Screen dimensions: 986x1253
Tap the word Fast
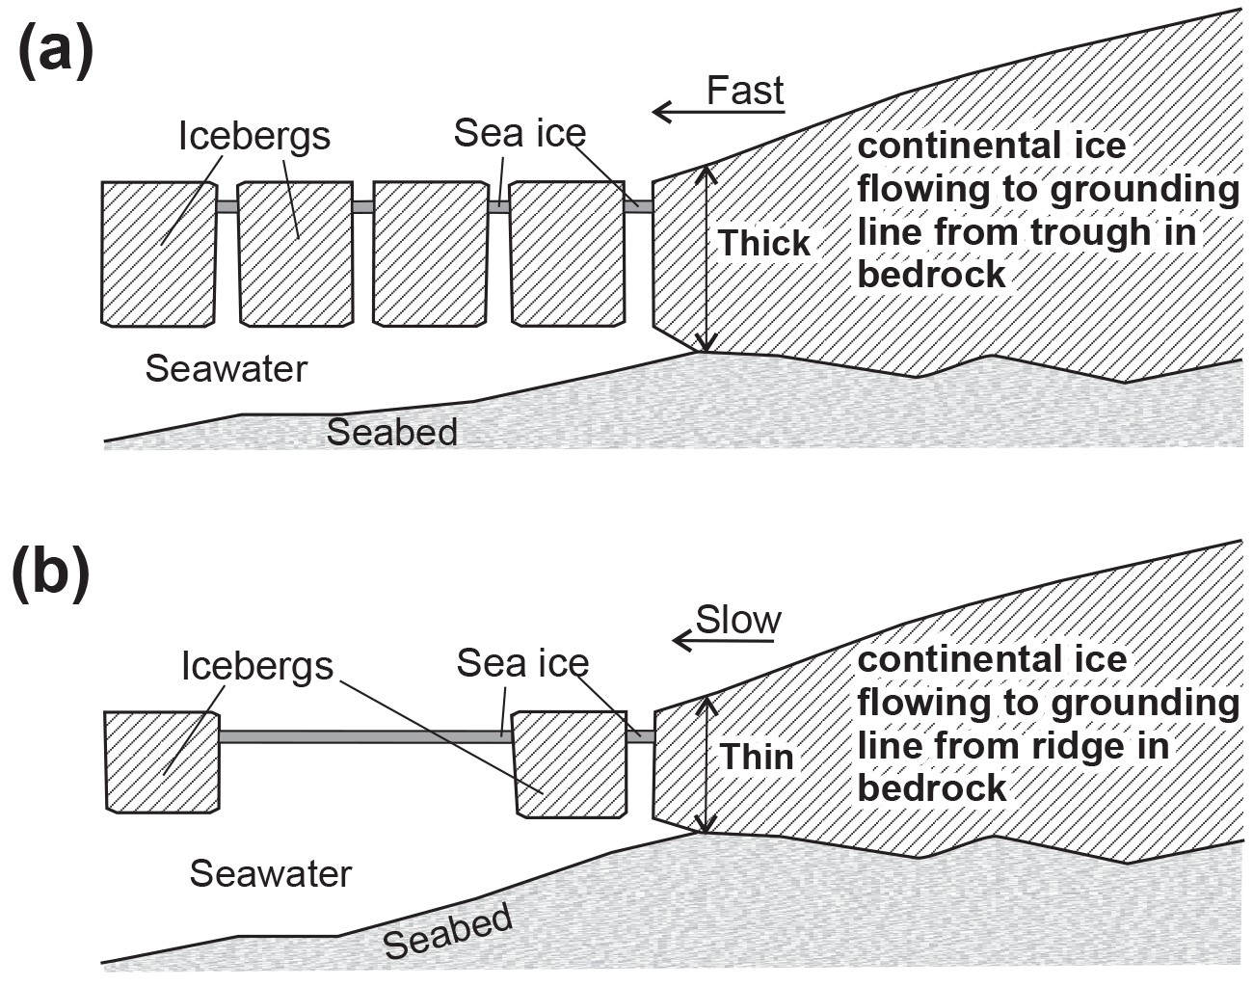pyautogui.click(x=744, y=91)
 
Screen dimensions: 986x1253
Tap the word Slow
pyautogui.click(x=738, y=619)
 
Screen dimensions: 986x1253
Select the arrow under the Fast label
pyautogui.click(x=718, y=113)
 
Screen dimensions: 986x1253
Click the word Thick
pyautogui.click(x=764, y=243)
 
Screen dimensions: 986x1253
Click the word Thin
pyautogui.click(x=757, y=757)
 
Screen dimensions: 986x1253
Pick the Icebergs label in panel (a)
pyautogui.click(x=253, y=136)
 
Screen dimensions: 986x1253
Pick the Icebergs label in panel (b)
pyautogui.click(x=256, y=666)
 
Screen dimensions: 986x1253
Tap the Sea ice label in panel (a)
pyautogui.click(x=520, y=133)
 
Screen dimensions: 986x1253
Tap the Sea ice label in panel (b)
pyautogui.click(x=522, y=663)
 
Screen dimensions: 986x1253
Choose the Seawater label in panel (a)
pyautogui.click(x=226, y=368)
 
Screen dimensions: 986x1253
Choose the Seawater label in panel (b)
pyautogui.click(x=271, y=873)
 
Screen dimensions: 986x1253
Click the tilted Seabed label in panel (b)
pyautogui.click(x=447, y=931)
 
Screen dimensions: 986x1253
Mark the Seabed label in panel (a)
pyautogui.click(x=391, y=431)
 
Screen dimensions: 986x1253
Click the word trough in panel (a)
pyautogui.click(x=1087, y=232)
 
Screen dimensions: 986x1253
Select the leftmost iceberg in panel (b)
pyautogui.click(x=161, y=760)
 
